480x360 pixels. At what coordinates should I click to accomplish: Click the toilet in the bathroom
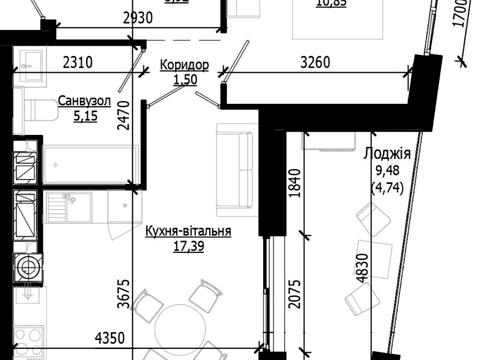point(40,109)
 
